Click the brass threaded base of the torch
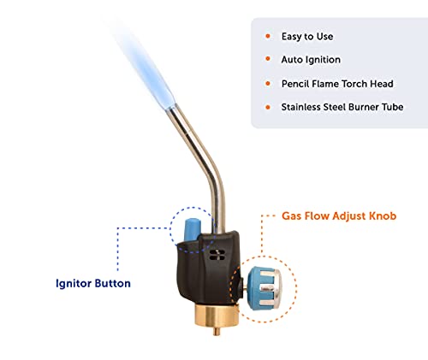click(x=217, y=316)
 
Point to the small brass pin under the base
click(x=217, y=332)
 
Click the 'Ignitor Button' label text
click(x=93, y=283)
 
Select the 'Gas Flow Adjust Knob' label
click(x=339, y=215)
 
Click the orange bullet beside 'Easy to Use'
click(x=268, y=36)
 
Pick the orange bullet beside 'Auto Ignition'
click(x=268, y=59)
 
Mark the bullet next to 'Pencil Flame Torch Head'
click(x=268, y=84)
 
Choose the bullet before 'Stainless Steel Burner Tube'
click(x=268, y=107)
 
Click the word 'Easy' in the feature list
click(x=291, y=37)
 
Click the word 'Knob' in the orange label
click(x=383, y=215)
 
